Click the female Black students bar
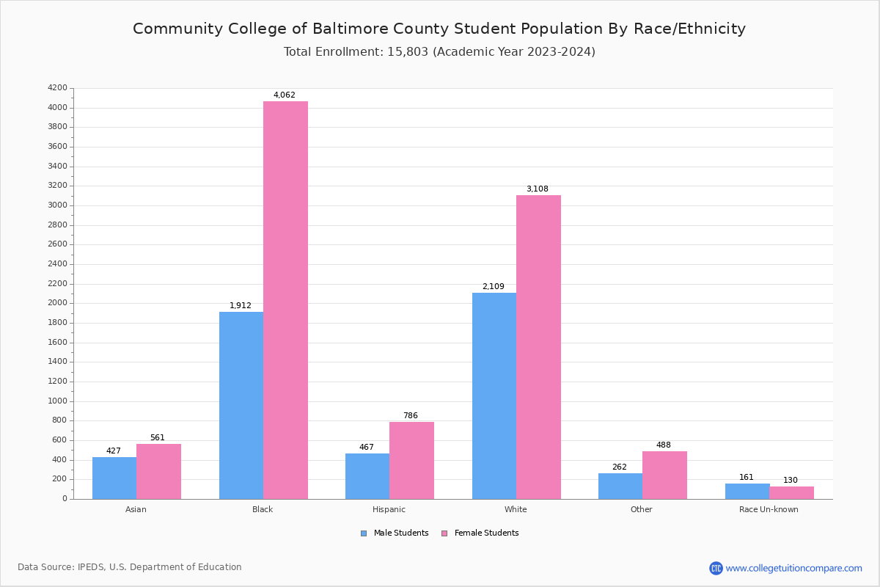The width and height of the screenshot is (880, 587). pyautogui.click(x=285, y=300)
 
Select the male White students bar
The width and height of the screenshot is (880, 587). pyautogui.click(x=494, y=396)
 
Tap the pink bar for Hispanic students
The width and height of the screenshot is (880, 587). pyautogui.click(x=411, y=460)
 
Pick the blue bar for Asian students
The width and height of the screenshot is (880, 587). pyautogui.click(x=114, y=478)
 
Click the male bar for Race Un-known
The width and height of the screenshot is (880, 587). pyautogui.click(x=747, y=491)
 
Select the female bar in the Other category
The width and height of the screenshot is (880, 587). pyautogui.click(x=664, y=475)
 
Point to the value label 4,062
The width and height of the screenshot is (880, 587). pyautogui.click(x=285, y=95)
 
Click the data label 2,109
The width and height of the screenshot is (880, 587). pyautogui.click(x=493, y=287)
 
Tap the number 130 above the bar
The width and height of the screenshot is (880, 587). pyautogui.click(x=791, y=481)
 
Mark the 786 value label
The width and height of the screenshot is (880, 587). pyautogui.click(x=411, y=416)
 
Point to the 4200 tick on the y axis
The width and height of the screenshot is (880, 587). pyautogui.click(x=57, y=88)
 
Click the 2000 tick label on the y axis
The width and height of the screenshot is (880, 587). pyautogui.click(x=57, y=303)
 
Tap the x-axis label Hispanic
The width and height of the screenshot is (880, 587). pyautogui.click(x=389, y=509)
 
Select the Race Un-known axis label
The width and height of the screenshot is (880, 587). pyautogui.click(x=769, y=509)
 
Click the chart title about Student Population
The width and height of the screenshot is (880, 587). pyautogui.click(x=439, y=29)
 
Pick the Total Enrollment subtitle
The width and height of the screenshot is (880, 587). pyautogui.click(x=439, y=52)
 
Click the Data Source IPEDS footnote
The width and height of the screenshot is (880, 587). pyautogui.click(x=130, y=567)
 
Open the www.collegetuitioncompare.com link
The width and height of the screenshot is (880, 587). pyautogui.click(x=793, y=568)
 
